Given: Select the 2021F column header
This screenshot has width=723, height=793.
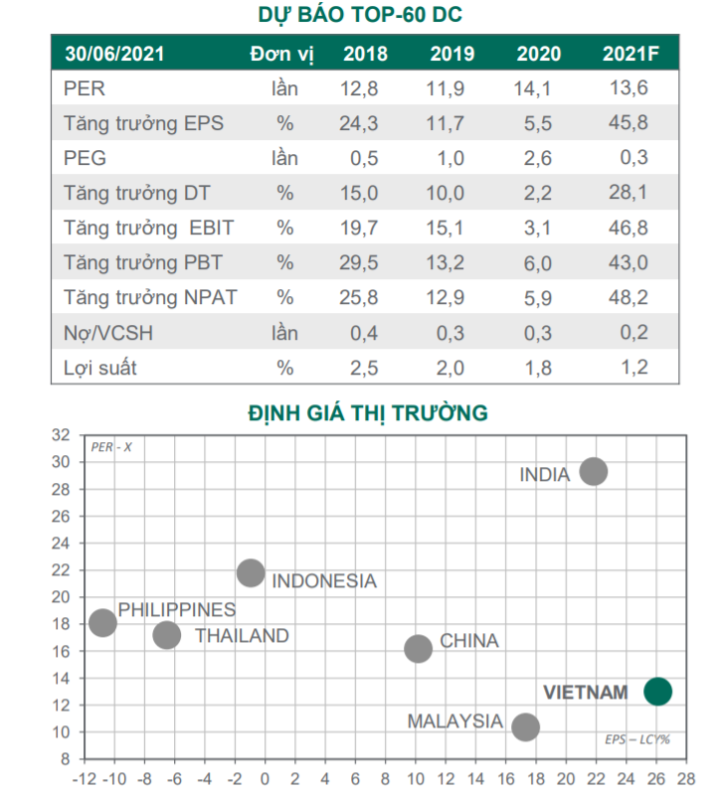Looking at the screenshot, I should [631, 54].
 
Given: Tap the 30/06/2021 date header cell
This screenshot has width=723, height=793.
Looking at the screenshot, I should [114, 54].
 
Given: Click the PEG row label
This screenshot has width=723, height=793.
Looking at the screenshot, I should [84, 158].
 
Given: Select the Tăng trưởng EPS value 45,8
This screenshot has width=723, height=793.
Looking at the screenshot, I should [631, 123].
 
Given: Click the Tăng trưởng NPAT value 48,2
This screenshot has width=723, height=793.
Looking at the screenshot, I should [631, 297].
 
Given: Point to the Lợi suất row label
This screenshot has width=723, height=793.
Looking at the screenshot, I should [100, 367].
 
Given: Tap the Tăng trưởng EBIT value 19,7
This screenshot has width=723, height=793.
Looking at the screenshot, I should [359, 228].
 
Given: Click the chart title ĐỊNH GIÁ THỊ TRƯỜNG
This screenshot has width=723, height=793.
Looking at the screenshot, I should [368, 412].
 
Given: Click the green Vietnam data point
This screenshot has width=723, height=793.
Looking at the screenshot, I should [657, 691].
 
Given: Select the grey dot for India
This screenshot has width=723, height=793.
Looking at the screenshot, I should [594, 471].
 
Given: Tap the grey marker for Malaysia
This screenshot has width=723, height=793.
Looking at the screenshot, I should [525, 726].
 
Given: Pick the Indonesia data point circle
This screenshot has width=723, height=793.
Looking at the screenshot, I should [251, 572].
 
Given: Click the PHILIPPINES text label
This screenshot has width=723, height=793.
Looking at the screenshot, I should [177, 609].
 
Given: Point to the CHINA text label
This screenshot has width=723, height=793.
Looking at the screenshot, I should [469, 641].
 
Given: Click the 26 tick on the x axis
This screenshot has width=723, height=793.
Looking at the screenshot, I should [657, 776].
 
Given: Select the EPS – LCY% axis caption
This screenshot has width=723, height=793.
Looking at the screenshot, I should [637, 739].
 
